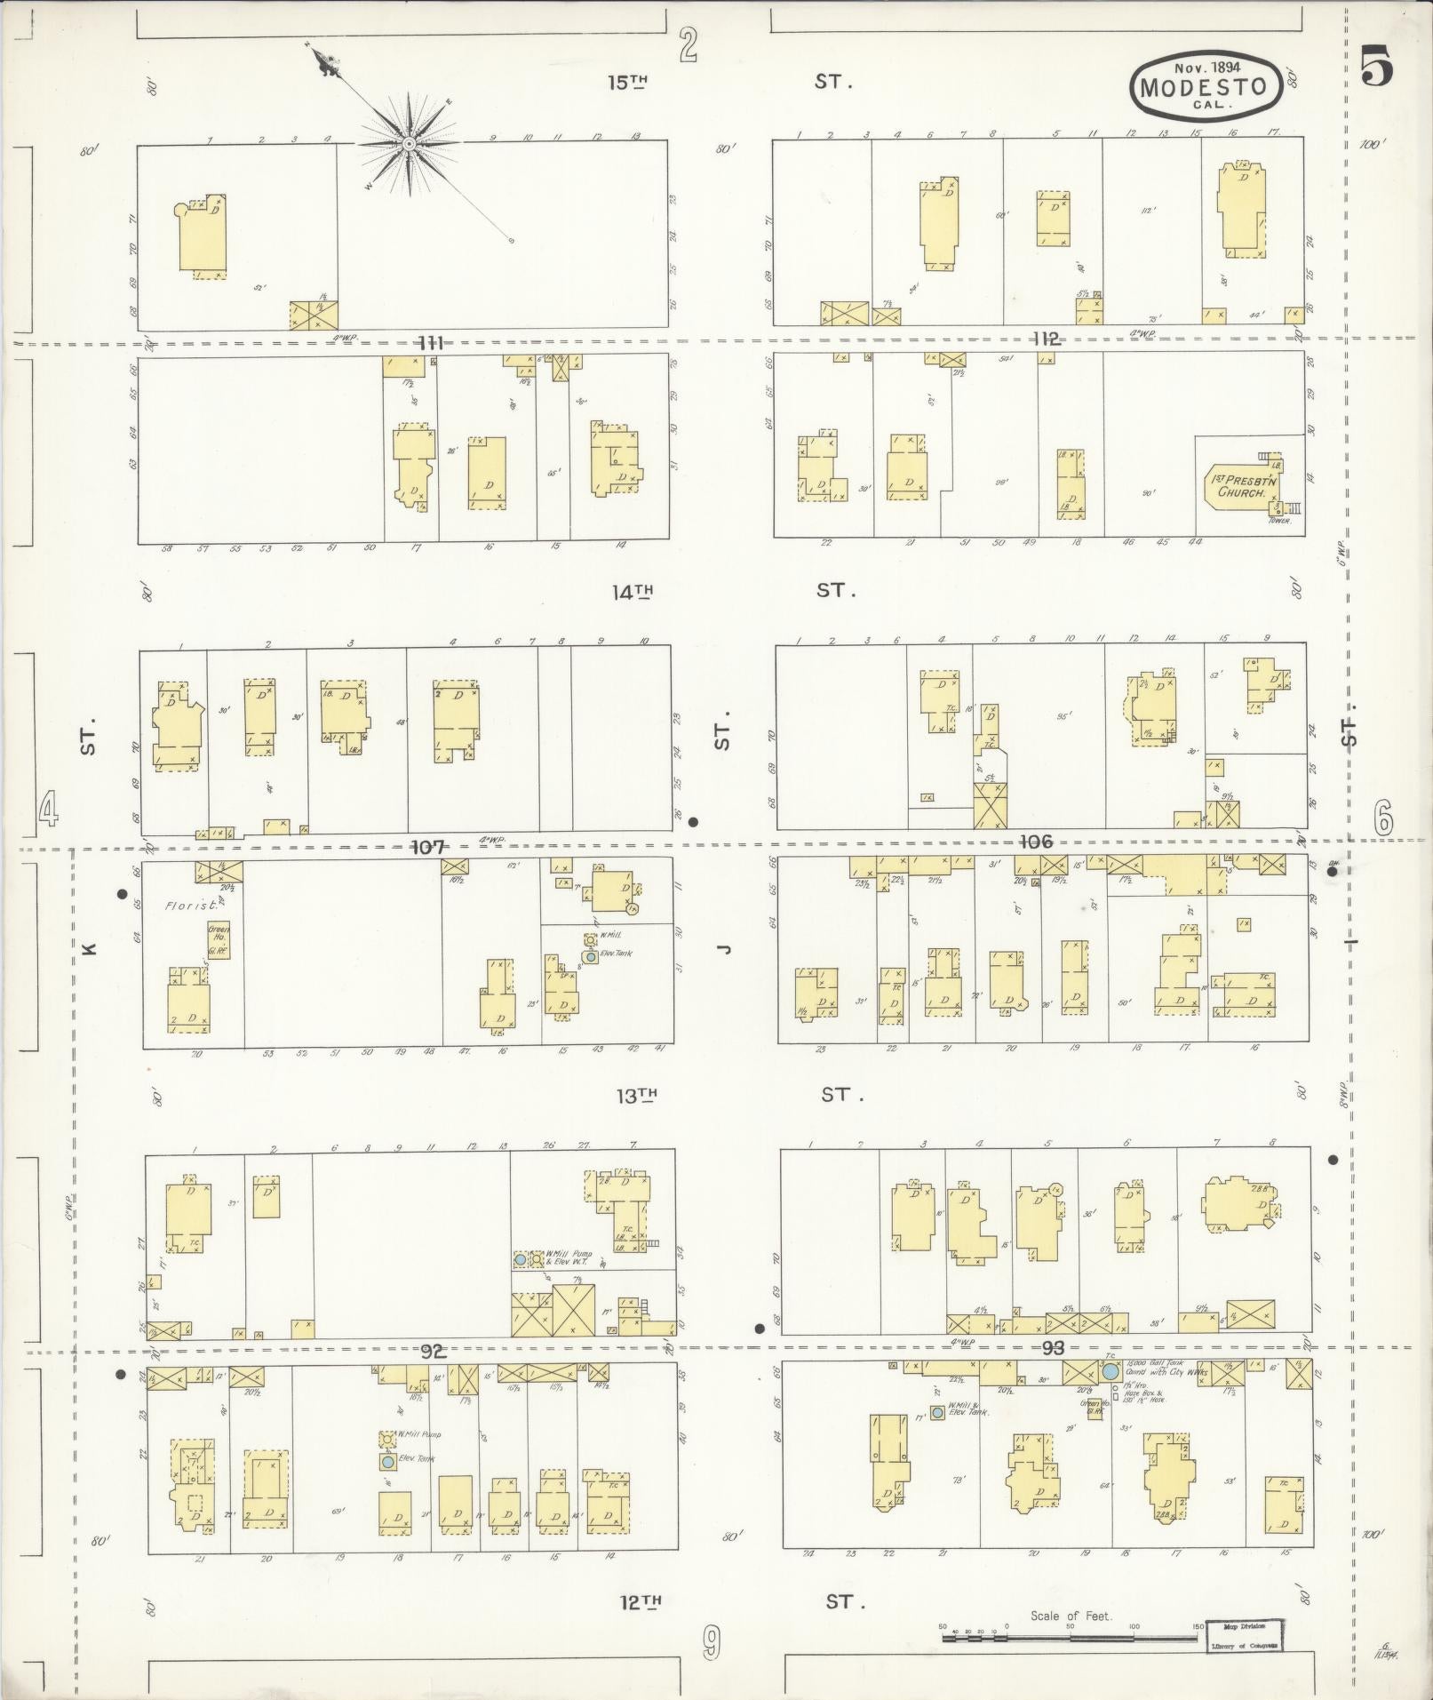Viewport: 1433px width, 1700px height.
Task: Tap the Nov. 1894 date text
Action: pos(1207,67)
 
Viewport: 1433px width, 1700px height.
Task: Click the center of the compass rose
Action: pos(409,144)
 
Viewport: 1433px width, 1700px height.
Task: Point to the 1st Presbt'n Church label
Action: pos(1241,485)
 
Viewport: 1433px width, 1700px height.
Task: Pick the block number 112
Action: pos(1046,339)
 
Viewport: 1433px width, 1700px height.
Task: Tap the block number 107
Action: pos(427,847)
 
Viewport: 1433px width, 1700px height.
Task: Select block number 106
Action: pos(1035,842)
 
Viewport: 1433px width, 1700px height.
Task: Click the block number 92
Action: pos(433,1352)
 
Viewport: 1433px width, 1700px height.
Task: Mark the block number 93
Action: pos(1052,1348)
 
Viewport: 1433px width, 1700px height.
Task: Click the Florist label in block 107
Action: pos(184,906)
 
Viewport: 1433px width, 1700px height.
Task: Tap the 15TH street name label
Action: pos(628,83)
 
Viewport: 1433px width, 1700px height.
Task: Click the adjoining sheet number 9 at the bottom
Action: pos(711,1643)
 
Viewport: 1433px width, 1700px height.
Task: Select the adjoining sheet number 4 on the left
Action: pos(48,810)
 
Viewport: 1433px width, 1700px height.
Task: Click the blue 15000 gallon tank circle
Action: pos(1111,1372)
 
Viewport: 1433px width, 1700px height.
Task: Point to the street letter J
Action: pos(724,949)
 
